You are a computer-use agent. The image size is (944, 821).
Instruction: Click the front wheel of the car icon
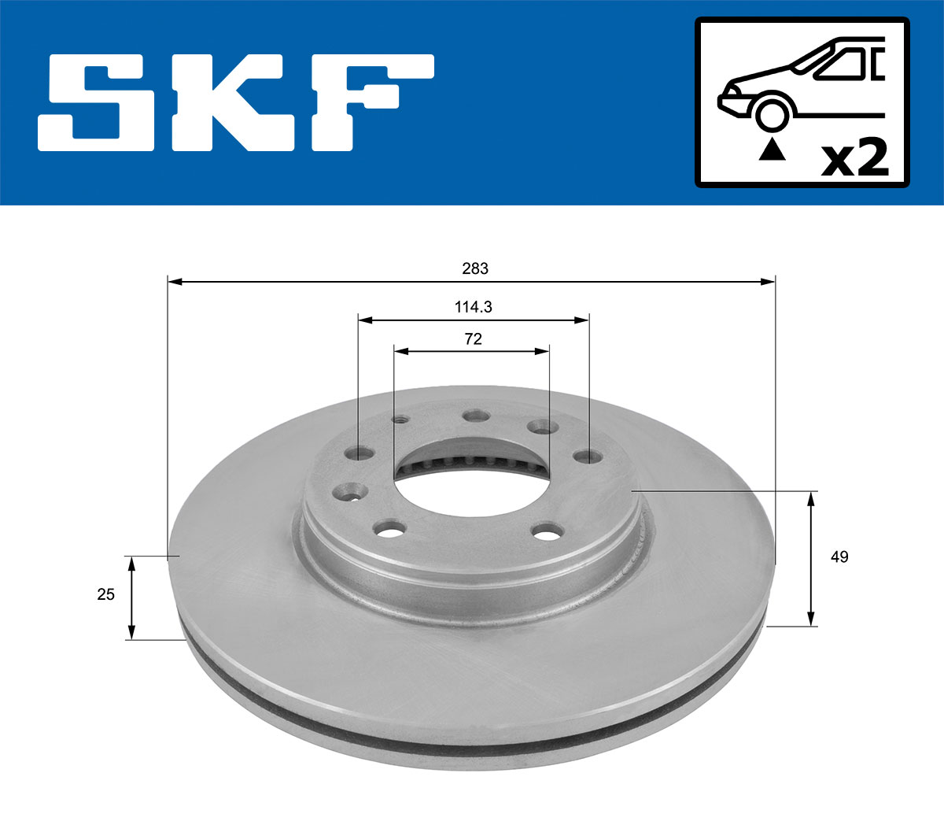coord(772,113)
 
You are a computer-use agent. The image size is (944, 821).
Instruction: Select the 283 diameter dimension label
coord(474,268)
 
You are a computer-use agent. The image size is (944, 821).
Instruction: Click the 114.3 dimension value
coord(474,307)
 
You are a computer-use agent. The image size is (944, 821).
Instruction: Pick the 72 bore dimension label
coord(473,339)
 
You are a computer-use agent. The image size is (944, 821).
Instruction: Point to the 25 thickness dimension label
coord(105,594)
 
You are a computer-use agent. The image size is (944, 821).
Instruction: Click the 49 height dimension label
coord(839,557)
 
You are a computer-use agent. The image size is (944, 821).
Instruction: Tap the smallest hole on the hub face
coord(400,419)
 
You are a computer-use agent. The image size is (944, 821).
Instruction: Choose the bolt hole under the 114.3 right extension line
coord(585,456)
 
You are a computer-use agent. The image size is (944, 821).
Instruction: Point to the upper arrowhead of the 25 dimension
coord(132,562)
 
